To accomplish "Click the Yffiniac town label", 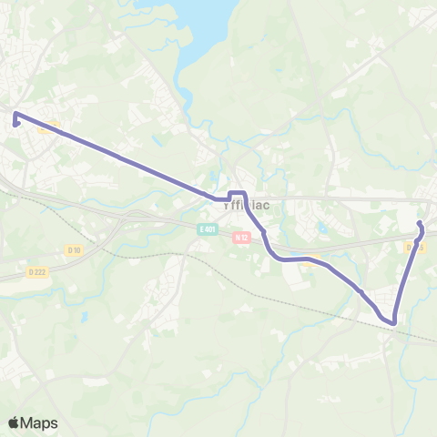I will pyautogui.click(x=247, y=206).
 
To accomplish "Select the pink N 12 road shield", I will pyautogui.click(x=240, y=238).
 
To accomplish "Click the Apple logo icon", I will pyautogui.click(x=14, y=423).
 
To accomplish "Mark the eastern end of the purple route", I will pyautogui.click(x=420, y=224).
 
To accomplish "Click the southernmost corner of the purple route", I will pyautogui.click(x=394, y=321).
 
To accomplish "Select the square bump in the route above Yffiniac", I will pyautogui.click(x=237, y=194).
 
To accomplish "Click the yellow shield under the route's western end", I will pyautogui.click(x=49, y=127).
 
